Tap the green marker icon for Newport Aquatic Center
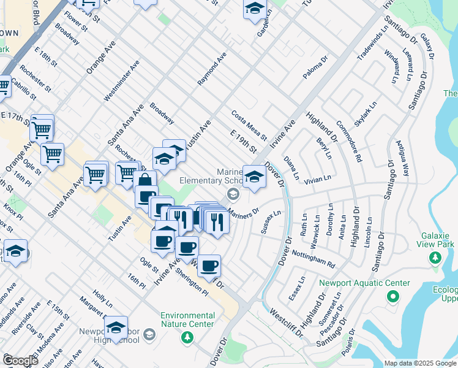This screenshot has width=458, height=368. pyautogui.click(x=392, y=297)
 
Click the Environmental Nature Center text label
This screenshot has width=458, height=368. pyautogui.click(x=187, y=320)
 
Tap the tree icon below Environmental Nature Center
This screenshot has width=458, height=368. pyautogui.click(x=187, y=337)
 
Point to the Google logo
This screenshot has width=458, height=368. pyautogui.click(x=20, y=361)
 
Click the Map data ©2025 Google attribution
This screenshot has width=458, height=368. pyautogui.click(x=420, y=363)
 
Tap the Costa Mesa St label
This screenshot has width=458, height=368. pyautogui.click(x=249, y=125)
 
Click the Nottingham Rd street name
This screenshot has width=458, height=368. pyautogui.click(x=313, y=259)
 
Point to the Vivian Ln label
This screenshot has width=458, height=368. pyautogui.click(x=318, y=177)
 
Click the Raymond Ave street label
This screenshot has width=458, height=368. pyautogui.click(x=212, y=68)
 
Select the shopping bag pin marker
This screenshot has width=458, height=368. pyautogui.click(x=145, y=182)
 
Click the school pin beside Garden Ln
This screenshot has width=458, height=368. pyautogui.click(x=255, y=10)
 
